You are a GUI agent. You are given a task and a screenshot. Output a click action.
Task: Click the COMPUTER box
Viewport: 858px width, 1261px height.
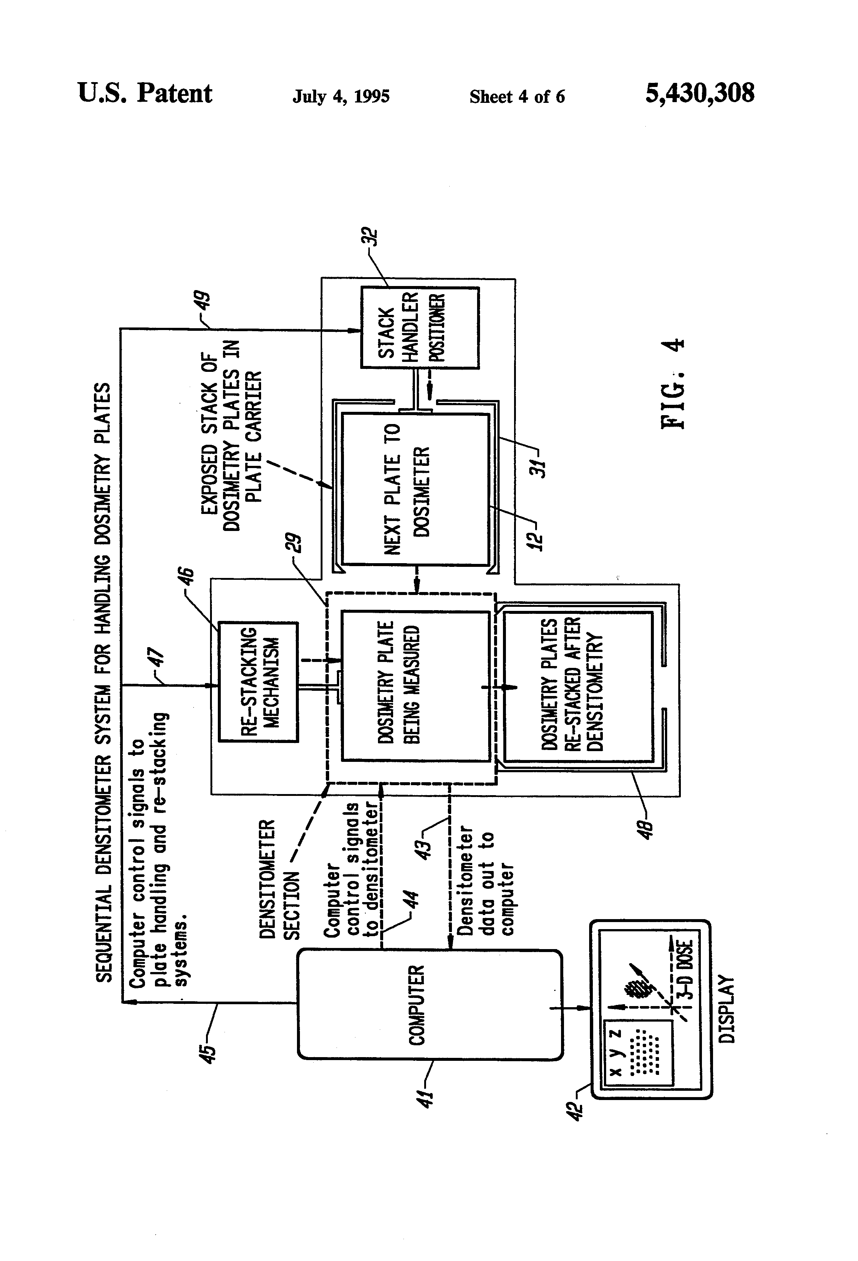[x=429, y=1004]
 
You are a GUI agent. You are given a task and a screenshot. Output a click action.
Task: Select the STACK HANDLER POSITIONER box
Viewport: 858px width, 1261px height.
[x=420, y=328]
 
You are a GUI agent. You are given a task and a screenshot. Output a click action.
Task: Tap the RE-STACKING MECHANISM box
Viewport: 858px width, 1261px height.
[x=258, y=682]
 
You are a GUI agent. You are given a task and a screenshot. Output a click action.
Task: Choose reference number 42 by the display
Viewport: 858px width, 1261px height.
[x=575, y=1104]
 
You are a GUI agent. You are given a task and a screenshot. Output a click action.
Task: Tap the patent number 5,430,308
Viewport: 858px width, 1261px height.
[x=699, y=93]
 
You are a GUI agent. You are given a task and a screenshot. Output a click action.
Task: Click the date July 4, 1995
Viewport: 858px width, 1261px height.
[x=341, y=97]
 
